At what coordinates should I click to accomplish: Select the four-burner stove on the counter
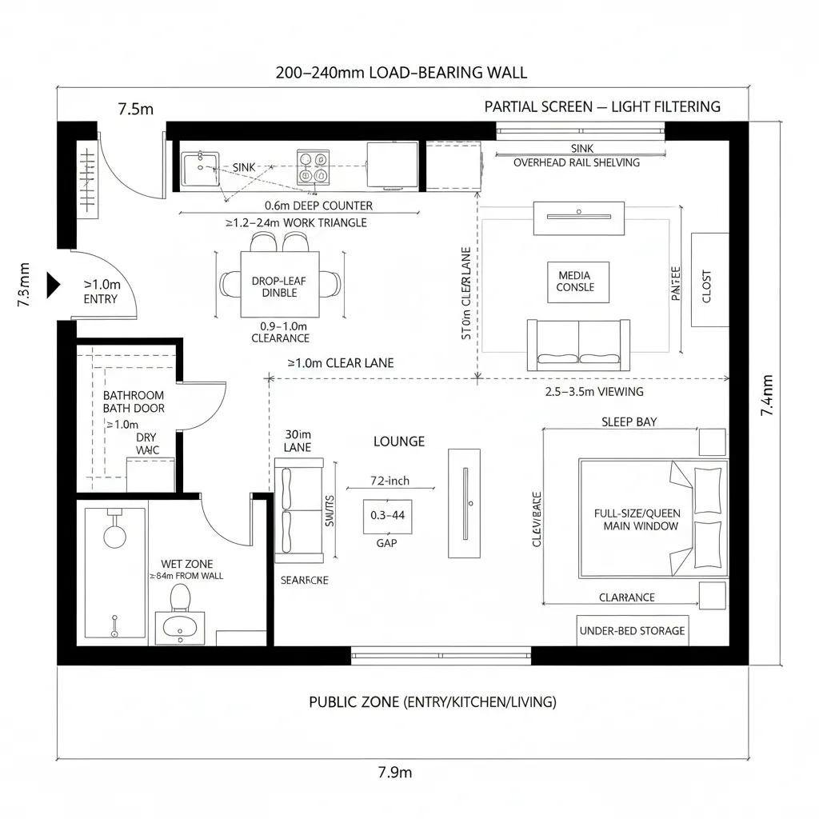tap(312, 166)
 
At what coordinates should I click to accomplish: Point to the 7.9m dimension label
tap(394, 772)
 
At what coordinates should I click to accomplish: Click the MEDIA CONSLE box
tap(576, 282)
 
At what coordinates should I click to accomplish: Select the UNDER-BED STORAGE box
tap(632, 630)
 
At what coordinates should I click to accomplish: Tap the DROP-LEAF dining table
tap(279, 285)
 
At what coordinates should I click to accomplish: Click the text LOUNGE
tap(399, 441)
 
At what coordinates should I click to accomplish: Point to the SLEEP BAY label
tap(629, 421)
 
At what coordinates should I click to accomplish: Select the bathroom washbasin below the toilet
tap(180, 628)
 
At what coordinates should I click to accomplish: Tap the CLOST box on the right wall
tap(709, 280)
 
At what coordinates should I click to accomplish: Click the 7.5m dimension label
tap(135, 110)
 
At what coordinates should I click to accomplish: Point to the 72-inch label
tap(390, 481)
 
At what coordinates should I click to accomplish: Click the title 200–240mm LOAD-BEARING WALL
tap(401, 72)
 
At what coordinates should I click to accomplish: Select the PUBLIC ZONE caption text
tap(433, 702)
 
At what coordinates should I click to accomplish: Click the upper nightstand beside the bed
tap(712, 441)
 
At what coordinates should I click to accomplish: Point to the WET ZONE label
tap(186, 564)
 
